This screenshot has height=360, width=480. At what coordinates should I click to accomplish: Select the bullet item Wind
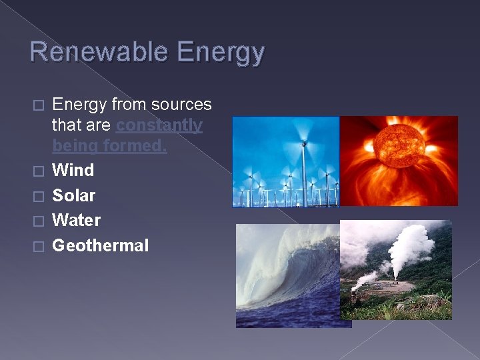coord(73,170)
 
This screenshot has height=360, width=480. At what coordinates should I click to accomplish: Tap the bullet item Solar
coord(73,195)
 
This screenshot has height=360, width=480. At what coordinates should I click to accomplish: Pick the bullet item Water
coord(76,220)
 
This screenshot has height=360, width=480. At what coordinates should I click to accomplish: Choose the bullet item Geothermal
coord(100,245)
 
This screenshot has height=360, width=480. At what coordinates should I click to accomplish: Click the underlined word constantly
coord(159,125)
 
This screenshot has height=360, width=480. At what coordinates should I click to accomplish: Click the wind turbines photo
coord(285,161)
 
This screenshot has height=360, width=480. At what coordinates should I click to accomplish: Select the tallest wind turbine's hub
coord(305,143)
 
